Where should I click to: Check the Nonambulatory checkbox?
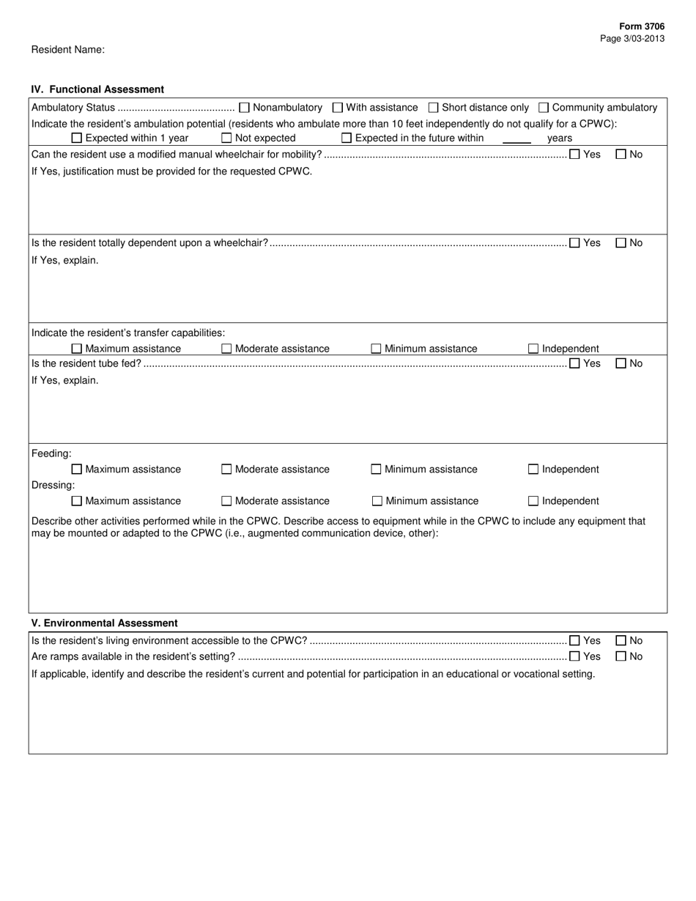(245, 108)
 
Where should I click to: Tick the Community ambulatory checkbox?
(544, 108)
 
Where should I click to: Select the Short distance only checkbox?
(434, 108)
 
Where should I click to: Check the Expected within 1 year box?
(77, 138)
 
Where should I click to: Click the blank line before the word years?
(517, 138)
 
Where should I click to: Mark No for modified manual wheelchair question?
(621, 155)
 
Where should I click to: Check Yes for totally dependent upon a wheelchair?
(574, 243)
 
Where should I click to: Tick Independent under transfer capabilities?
(533, 349)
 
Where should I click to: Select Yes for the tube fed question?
(574, 363)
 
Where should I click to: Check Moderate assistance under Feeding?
(226, 470)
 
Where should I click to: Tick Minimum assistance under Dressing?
(377, 501)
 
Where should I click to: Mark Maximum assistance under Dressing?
(77, 501)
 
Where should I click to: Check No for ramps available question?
(621, 656)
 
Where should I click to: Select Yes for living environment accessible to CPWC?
(574, 641)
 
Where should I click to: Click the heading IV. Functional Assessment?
(97, 89)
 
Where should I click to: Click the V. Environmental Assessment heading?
(104, 623)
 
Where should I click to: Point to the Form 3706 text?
(642, 26)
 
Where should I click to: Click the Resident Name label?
(67, 50)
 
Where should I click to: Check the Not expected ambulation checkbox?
(226, 138)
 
